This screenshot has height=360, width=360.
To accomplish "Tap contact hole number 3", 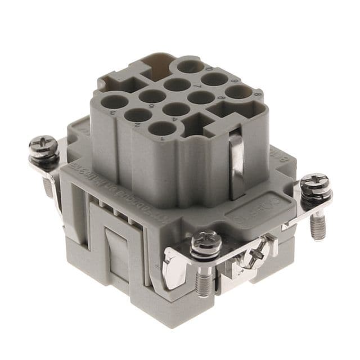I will [114, 102].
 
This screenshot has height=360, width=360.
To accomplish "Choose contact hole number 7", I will [177, 84].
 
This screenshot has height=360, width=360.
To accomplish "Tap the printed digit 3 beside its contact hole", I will [112, 113].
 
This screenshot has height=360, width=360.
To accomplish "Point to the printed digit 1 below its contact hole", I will [162, 138].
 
